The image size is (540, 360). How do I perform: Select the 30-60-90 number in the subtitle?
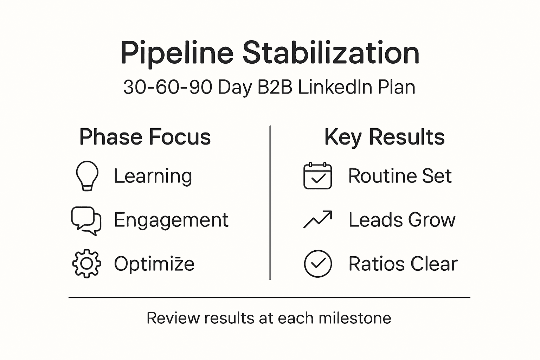tap(168, 87)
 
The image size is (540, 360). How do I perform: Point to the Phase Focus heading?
tap(145, 137)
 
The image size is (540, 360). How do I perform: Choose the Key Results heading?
tap(384, 137)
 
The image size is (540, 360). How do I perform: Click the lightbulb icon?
tap(87, 175)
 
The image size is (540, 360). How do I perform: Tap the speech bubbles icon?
tap(86, 220)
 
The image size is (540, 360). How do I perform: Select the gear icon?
tap(86, 264)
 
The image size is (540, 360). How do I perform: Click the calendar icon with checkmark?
tap(317, 176)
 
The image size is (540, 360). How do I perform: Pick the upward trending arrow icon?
tap(317, 219)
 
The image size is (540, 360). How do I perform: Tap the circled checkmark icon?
tap(317, 264)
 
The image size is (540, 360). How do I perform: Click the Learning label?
tap(153, 176)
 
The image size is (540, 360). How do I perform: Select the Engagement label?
tap(171, 220)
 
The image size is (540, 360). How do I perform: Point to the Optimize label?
tap(154, 264)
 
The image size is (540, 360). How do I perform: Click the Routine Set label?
tap(400, 176)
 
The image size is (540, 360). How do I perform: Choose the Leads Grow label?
tap(402, 220)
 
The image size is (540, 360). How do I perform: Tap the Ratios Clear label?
tap(403, 264)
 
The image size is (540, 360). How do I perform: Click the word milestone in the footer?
tap(355, 318)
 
